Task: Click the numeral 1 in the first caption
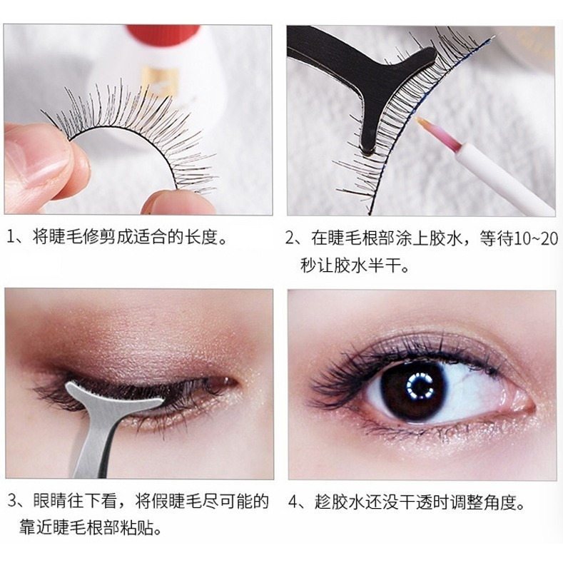coord(11,237)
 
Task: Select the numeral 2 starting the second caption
coord(290,238)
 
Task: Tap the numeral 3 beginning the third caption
coord(12,500)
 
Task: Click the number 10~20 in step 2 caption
coord(536,238)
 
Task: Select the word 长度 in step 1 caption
coord(202,237)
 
